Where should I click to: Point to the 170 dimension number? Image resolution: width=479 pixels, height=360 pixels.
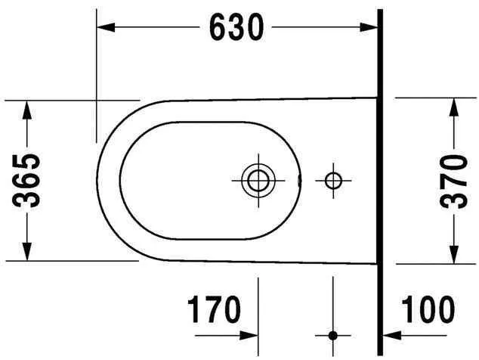tap(214, 310)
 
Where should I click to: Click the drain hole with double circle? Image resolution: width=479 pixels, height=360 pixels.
tap(258, 180)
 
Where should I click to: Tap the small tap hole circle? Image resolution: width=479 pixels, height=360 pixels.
tap(332, 180)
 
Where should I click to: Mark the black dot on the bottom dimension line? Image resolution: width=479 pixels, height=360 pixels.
tap(332, 334)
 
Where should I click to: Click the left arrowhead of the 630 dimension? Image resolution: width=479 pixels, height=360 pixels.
tap(104, 28)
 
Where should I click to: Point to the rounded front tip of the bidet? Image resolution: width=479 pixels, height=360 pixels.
tap(99, 180)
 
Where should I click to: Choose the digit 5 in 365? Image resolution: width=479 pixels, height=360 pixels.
tap(28, 162)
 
